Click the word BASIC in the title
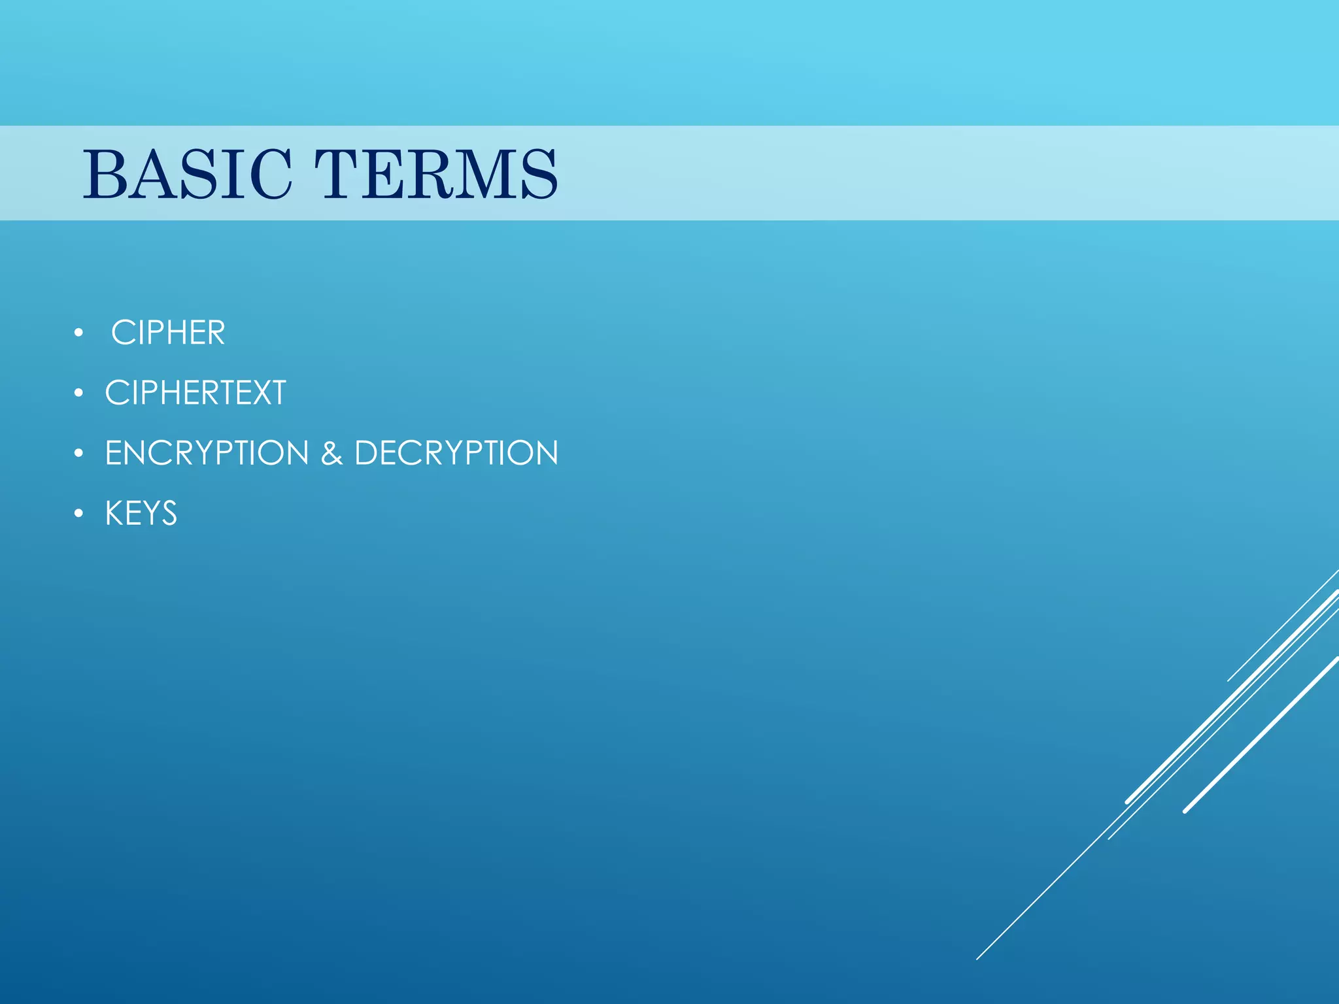(x=187, y=174)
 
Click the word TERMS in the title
(x=436, y=174)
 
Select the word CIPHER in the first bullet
(x=168, y=333)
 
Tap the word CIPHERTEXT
(x=195, y=393)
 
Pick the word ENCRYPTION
(x=207, y=453)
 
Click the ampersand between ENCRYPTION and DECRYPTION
(x=331, y=454)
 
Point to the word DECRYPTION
(x=456, y=453)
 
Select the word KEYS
(x=141, y=513)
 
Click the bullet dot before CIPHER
(x=78, y=333)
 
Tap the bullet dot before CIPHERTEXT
(x=78, y=393)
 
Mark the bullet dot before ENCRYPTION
(x=78, y=454)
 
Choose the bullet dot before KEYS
(x=78, y=514)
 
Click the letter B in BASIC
(x=105, y=174)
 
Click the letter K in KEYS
(x=115, y=513)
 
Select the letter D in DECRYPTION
(x=367, y=453)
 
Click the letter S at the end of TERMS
(x=539, y=174)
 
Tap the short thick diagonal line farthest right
(x=1262, y=734)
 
